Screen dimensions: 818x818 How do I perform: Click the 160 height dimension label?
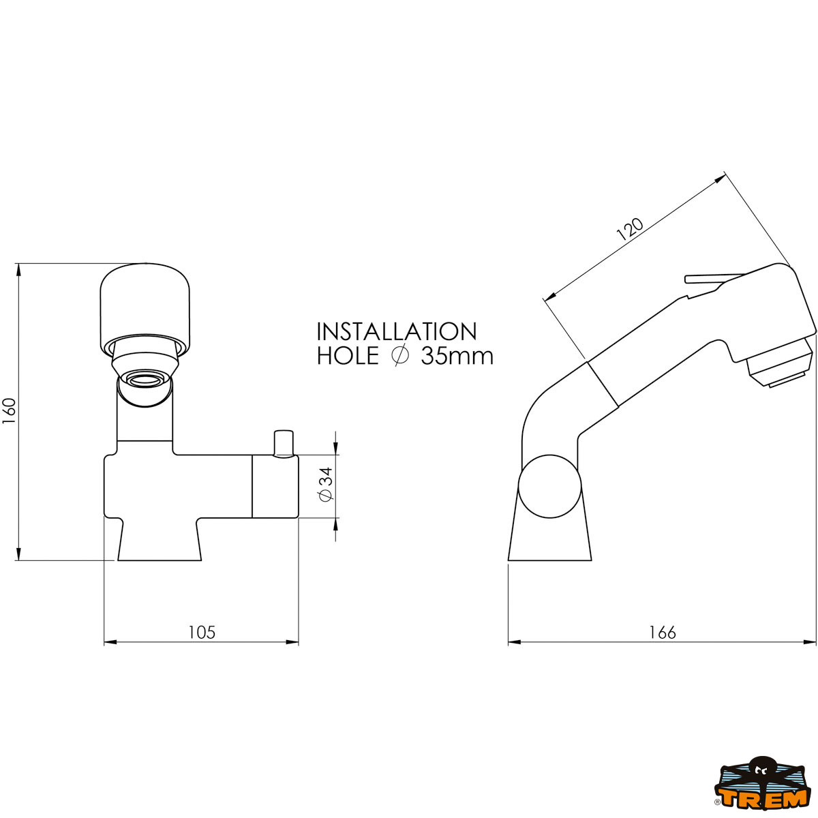click(x=9, y=412)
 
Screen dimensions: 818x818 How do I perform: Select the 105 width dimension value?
click(x=201, y=633)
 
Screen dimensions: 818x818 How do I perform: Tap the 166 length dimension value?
click(x=662, y=633)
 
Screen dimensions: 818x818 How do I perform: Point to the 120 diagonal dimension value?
click(x=630, y=229)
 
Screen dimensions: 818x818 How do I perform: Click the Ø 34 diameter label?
click(x=326, y=485)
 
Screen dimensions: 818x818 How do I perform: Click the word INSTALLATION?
click(x=397, y=332)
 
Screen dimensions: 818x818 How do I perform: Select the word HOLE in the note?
click(x=347, y=357)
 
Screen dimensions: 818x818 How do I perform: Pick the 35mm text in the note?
click(x=457, y=357)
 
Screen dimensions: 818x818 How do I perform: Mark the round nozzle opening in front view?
click(x=145, y=378)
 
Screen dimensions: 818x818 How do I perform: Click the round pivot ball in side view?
click(x=549, y=487)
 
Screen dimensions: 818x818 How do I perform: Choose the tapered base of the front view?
click(x=160, y=542)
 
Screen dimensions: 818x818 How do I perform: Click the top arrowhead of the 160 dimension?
click(x=18, y=269)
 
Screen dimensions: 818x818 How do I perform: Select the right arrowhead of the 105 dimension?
click(x=292, y=642)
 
